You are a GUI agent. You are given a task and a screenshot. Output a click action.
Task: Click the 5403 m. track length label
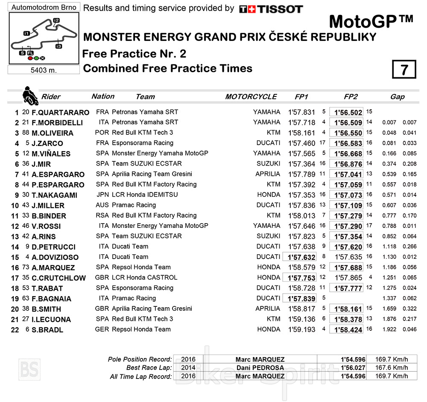point(44,70)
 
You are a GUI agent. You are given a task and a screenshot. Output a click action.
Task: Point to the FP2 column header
point(350,97)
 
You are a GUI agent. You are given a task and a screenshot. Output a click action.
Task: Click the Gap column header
point(397,97)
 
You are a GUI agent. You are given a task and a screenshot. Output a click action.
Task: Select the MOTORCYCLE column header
point(251,97)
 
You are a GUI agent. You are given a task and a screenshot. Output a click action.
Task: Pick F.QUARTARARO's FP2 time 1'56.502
point(348,113)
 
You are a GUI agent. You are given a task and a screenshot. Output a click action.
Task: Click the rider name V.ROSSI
point(46,226)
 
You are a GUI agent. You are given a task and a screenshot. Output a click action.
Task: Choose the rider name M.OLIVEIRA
point(53,133)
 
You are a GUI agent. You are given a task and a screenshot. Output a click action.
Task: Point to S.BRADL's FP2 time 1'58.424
point(348,330)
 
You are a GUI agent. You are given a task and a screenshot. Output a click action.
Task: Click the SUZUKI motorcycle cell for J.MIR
point(268,164)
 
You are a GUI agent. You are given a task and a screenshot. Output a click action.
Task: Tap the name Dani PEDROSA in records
point(260,368)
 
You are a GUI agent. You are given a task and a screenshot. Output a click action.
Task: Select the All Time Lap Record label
point(140,376)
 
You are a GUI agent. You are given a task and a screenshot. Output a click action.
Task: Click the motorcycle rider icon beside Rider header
point(29,96)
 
